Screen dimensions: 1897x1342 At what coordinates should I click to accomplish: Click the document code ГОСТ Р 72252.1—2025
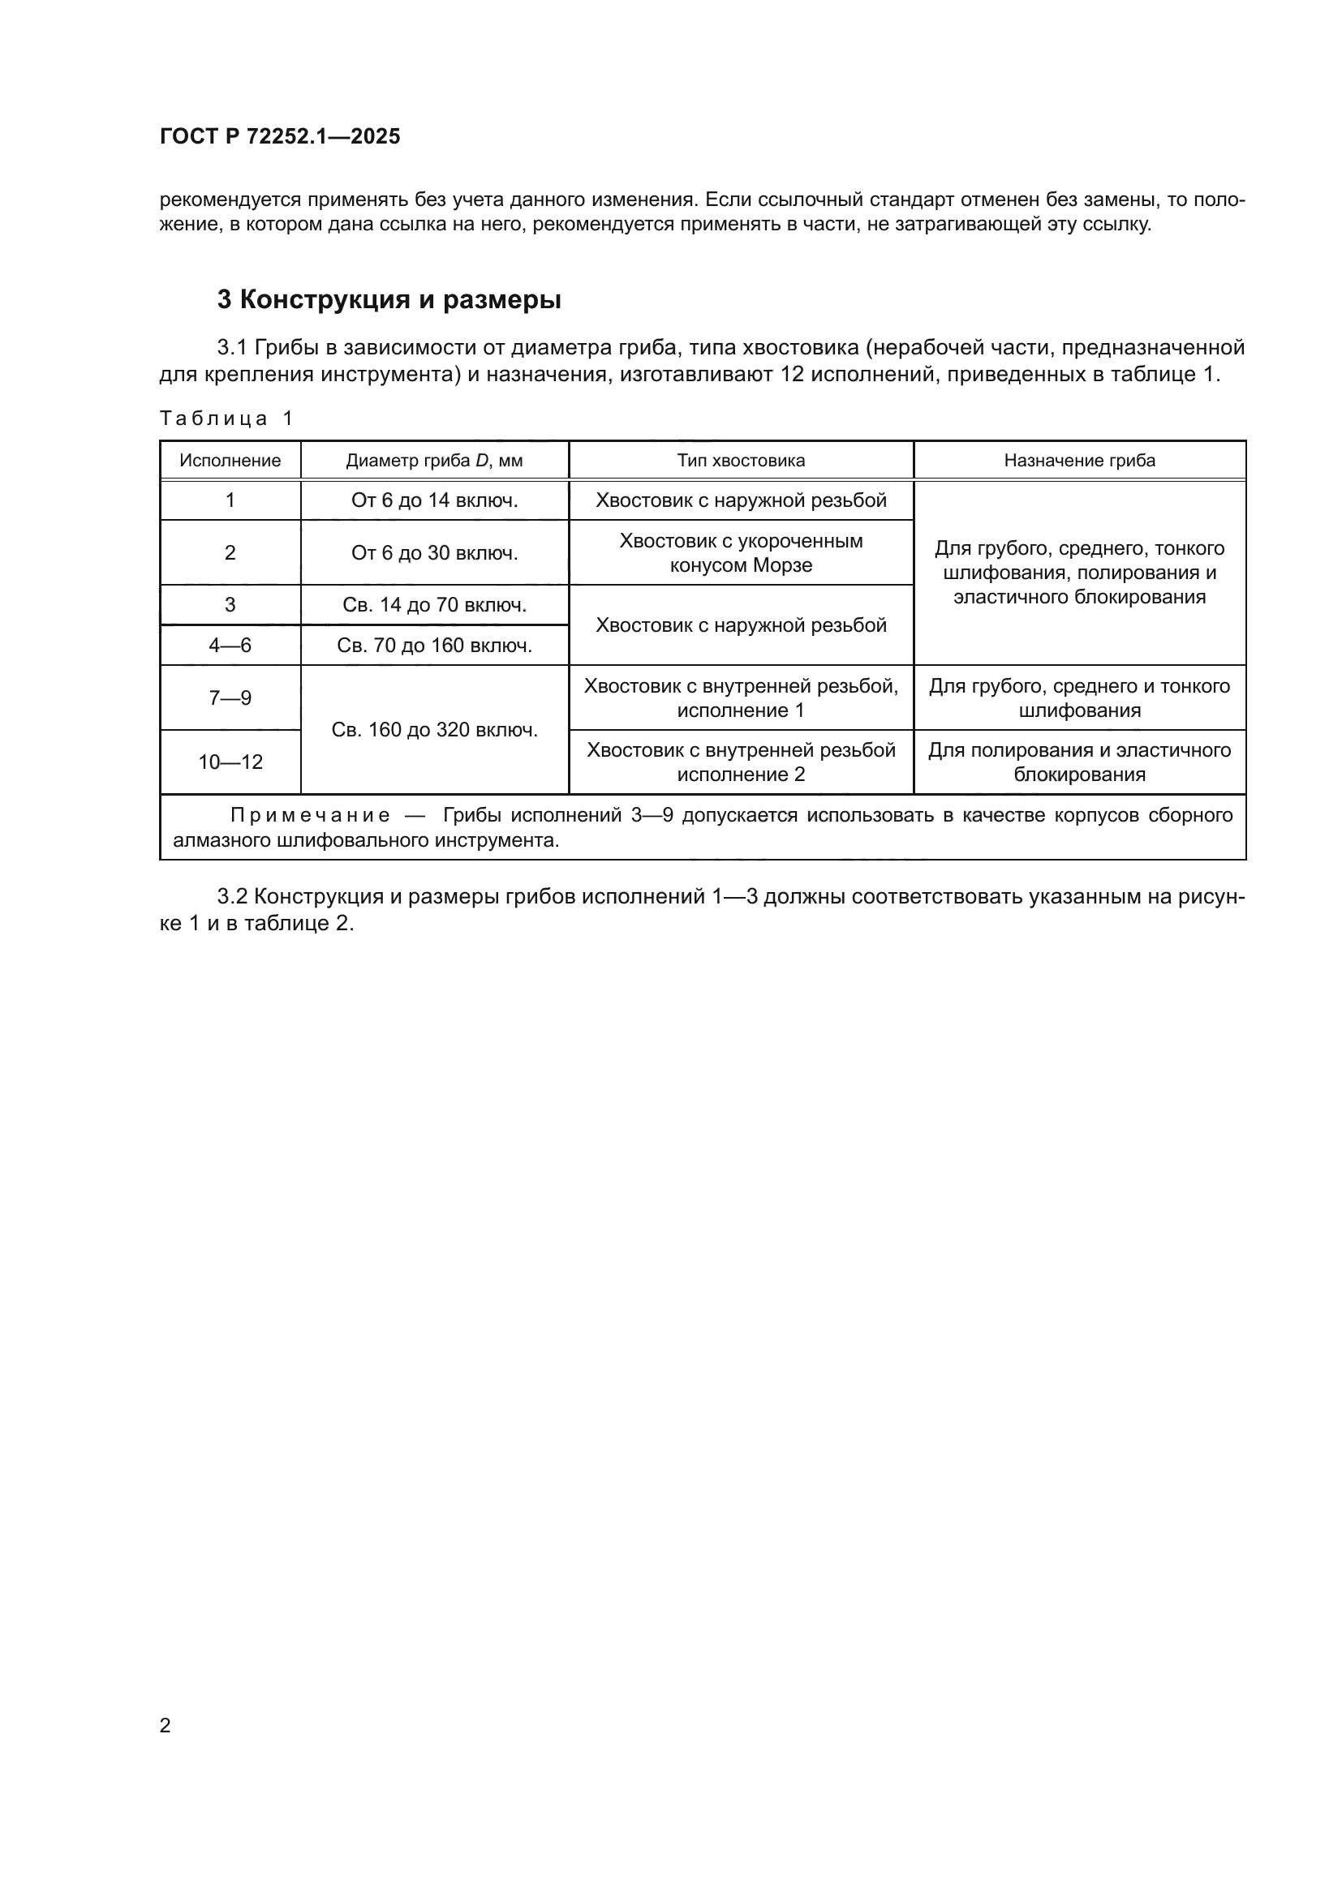point(279,136)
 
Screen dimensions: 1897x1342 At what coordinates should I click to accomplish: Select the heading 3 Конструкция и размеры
point(389,299)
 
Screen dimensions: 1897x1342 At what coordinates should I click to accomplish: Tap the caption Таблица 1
point(226,418)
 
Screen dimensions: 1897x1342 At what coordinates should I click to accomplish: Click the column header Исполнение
point(230,460)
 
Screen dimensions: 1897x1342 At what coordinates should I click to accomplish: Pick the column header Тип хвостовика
point(741,460)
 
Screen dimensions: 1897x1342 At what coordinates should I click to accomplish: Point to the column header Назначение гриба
point(1079,460)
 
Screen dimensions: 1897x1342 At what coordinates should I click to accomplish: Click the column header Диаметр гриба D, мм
point(434,460)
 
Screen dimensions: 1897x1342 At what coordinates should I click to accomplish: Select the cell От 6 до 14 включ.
point(434,500)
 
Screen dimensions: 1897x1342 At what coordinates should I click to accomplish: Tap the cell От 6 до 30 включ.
point(434,553)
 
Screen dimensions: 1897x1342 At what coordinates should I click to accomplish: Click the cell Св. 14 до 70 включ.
point(434,605)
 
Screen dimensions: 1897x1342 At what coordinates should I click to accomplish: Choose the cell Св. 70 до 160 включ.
point(434,646)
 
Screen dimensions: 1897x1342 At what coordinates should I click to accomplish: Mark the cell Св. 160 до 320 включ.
point(434,730)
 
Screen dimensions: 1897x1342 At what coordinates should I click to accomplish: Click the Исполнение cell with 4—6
point(230,646)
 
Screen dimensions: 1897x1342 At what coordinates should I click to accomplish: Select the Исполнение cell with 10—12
point(230,762)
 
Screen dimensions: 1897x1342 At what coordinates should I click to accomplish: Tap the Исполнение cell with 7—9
point(230,698)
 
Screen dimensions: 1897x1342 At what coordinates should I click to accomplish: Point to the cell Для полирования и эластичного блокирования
point(1079,762)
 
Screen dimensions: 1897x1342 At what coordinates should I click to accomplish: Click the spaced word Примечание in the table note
point(310,815)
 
